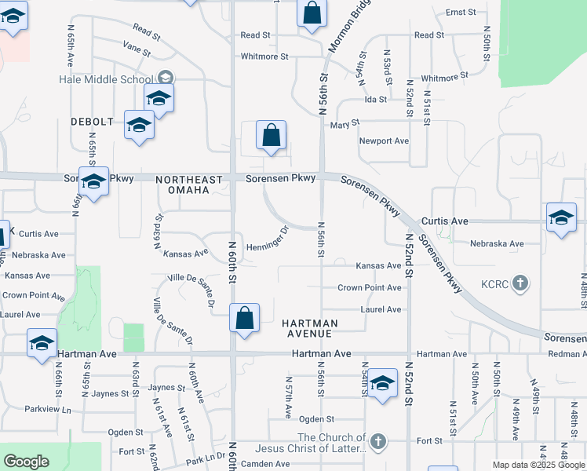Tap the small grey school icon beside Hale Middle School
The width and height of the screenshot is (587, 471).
(x=166, y=77)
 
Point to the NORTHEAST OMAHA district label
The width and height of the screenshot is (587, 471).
(x=182, y=184)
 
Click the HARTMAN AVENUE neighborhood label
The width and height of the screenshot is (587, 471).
(x=309, y=328)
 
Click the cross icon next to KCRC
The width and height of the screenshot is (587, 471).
(x=520, y=283)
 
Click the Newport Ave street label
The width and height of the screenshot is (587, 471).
(x=384, y=141)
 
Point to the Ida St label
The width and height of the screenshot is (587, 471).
(x=375, y=100)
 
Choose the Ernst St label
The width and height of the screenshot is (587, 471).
(x=461, y=13)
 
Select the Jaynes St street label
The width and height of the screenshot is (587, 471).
(x=166, y=388)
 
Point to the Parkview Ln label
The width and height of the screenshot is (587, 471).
(x=47, y=409)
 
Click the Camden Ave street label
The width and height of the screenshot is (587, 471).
(x=265, y=464)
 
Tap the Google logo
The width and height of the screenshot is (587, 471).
(x=26, y=462)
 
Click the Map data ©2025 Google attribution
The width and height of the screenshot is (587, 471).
(x=538, y=465)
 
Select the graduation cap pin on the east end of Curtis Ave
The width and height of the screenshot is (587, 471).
(x=561, y=218)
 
